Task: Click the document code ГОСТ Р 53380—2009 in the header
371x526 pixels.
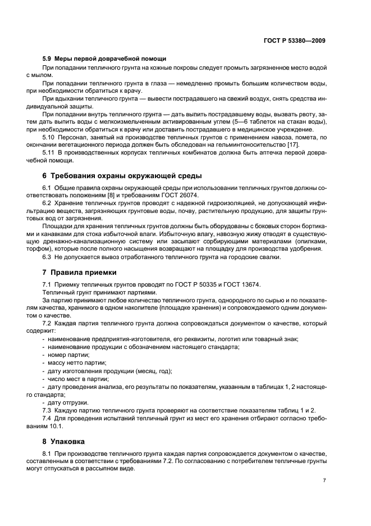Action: pyautogui.click(x=294, y=40)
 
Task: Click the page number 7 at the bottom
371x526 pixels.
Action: pyautogui.click(x=325, y=480)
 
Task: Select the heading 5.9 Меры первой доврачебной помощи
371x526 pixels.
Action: pyautogui.click(x=104, y=59)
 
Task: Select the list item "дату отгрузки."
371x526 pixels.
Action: pyautogui.click(x=68, y=402)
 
